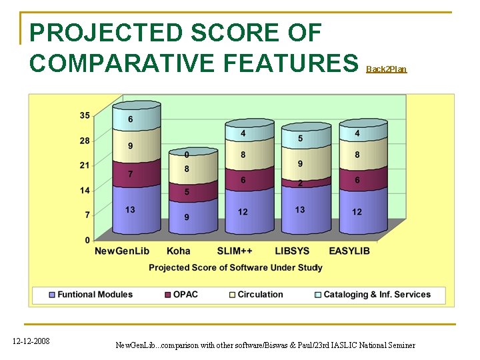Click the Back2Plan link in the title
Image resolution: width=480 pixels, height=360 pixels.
(x=386, y=69)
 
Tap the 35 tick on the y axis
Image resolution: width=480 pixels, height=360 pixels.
(x=85, y=115)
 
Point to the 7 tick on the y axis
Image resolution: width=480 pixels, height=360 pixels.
(x=87, y=215)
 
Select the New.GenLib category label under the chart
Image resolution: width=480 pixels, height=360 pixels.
(x=122, y=251)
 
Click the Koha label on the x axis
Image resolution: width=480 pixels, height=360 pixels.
(x=179, y=251)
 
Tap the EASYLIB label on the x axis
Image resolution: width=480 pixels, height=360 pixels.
(x=349, y=251)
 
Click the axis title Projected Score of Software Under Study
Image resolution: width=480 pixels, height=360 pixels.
(x=235, y=267)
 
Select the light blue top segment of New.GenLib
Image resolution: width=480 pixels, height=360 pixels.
(x=137, y=119)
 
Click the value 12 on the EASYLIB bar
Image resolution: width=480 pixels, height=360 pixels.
(x=357, y=211)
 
